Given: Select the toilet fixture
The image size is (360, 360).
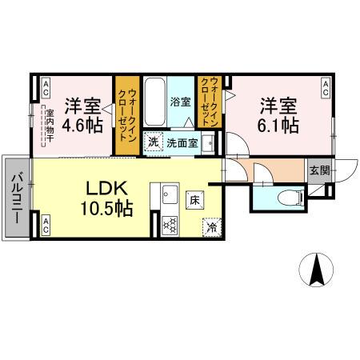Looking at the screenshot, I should tap(285, 196).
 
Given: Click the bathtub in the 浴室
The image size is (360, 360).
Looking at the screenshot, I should tap(154, 102).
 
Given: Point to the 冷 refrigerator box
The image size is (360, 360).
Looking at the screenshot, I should tap(211, 226).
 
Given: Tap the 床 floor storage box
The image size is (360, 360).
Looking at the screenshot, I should tap(194, 200).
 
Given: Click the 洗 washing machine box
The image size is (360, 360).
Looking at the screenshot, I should tap(152, 142).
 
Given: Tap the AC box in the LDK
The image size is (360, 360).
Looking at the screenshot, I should tap(46, 227).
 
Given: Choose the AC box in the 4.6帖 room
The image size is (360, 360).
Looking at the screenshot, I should tap(46, 86).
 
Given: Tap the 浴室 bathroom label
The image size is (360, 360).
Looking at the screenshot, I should tap(181, 102).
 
